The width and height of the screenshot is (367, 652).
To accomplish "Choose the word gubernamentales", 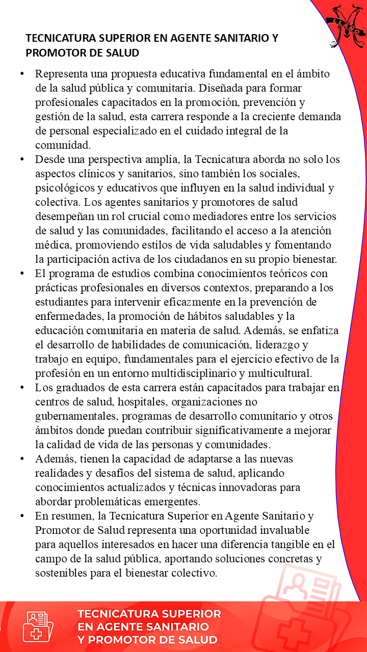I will [76, 416].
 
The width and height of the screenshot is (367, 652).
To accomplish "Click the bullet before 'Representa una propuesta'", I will [22, 74].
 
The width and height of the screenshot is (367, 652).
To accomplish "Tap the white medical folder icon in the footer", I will [38, 627].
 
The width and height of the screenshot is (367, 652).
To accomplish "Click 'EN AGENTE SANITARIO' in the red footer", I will [143, 627].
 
